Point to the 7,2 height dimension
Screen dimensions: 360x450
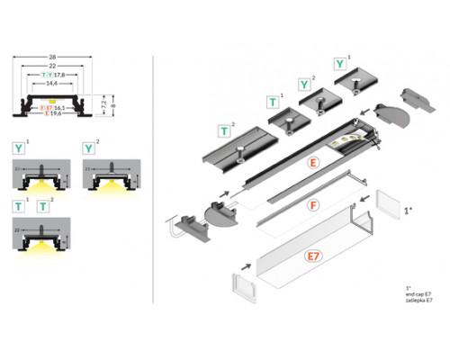[102, 105]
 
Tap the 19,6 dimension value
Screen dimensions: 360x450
[61, 114]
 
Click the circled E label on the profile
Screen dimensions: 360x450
[312, 163]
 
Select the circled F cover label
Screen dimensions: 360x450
[312, 206]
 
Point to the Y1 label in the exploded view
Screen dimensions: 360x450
[340, 64]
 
